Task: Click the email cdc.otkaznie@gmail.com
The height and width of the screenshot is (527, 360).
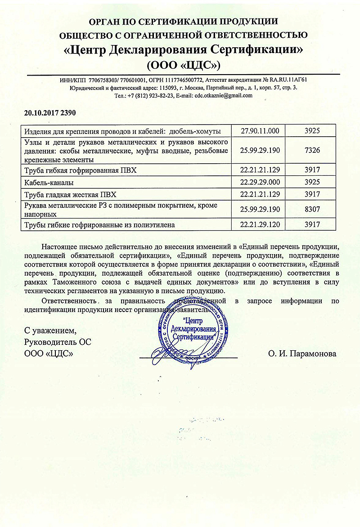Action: point(223,95)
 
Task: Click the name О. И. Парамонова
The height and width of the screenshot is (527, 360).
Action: point(302,353)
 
